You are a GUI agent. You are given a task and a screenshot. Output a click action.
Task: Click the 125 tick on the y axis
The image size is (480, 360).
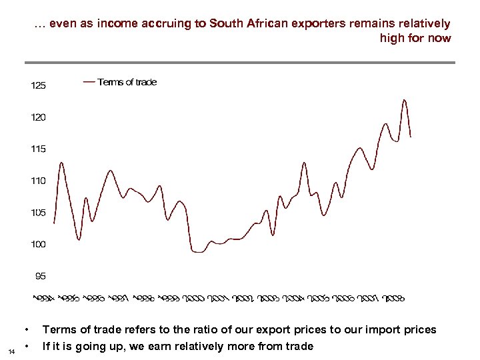point(39,86)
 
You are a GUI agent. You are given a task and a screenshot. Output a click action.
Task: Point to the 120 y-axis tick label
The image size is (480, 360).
point(39,117)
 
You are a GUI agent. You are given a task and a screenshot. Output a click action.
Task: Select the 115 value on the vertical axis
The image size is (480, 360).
point(39,149)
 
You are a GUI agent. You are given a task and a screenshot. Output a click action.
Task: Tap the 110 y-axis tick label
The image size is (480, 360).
point(39,181)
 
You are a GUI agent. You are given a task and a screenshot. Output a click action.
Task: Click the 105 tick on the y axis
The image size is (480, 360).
point(39,213)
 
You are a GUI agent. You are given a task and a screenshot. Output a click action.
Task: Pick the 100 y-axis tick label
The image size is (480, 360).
point(39,245)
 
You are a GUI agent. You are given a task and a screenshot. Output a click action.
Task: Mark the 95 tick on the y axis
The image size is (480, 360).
point(41,276)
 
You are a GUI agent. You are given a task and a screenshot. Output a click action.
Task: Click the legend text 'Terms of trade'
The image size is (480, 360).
point(127,82)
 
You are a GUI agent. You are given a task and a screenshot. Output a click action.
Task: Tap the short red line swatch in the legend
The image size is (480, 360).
point(89,82)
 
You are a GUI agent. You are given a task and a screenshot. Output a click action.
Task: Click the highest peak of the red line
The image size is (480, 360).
point(404,100)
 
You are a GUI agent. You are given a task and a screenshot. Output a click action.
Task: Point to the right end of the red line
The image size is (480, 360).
point(411,137)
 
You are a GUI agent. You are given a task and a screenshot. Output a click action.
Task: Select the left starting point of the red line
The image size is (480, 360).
point(54,222)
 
